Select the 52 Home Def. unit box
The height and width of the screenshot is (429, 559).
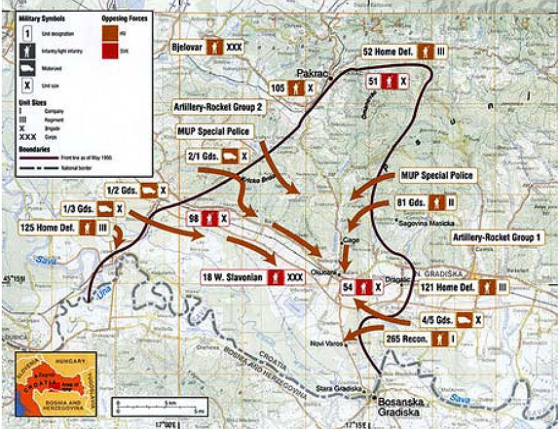point(404,52)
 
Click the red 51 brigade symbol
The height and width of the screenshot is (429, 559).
point(388,81)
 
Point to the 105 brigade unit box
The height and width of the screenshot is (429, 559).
point(292,88)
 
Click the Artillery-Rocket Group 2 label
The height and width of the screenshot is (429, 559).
point(218,108)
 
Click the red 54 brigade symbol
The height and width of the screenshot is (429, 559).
point(361,287)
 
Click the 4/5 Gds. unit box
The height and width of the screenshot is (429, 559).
point(452,320)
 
